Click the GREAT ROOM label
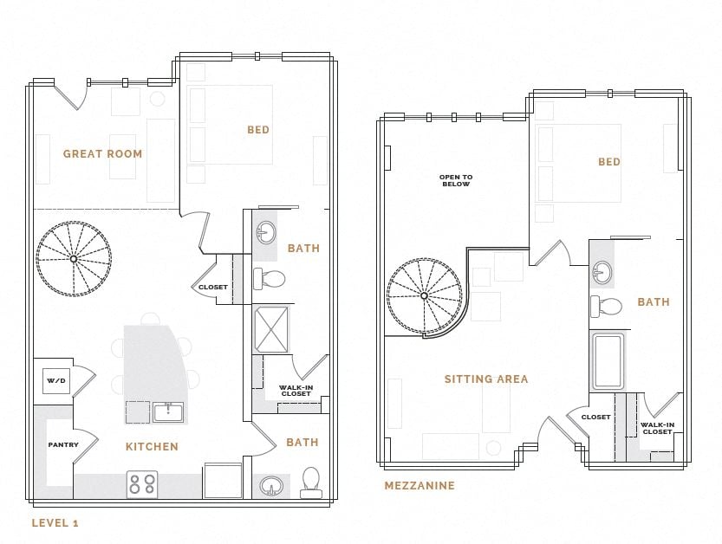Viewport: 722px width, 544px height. click(102, 154)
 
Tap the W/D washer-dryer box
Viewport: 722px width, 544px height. click(56, 380)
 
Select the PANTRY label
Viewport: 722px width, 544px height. click(62, 445)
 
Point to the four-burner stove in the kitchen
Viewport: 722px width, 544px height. click(142, 484)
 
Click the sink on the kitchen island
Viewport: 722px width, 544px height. click(168, 411)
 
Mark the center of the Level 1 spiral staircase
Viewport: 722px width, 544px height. click(74, 258)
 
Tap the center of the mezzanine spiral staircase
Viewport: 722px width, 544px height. click(424, 296)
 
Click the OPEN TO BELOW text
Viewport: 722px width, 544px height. click(455, 180)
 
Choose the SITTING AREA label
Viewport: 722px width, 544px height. click(485, 379)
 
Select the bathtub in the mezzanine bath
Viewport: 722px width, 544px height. click(608, 360)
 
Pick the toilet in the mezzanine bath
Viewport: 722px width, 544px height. click(608, 306)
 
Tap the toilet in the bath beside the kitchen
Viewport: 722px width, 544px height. click(310, 483)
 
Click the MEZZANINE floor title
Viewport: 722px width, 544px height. click(420, 486)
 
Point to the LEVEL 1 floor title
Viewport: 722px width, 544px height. click(55, 522)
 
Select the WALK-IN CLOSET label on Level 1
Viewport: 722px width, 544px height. click(296, 391)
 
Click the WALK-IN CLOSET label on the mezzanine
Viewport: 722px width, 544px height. click(657, 428)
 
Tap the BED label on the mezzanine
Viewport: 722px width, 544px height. click(608, 162)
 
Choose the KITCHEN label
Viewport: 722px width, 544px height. click(153, 447)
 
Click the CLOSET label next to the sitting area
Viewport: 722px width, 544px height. click(595, 418)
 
